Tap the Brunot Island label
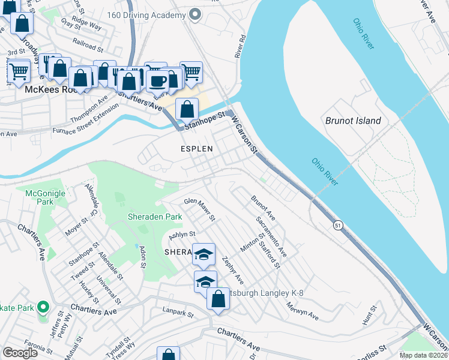(353, 121)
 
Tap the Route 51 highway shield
(339, 225)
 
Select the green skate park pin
(43, 308)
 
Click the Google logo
(20, 353)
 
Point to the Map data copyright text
(423, 355)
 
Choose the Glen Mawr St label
(199, 209)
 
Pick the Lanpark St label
(178, 313)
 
